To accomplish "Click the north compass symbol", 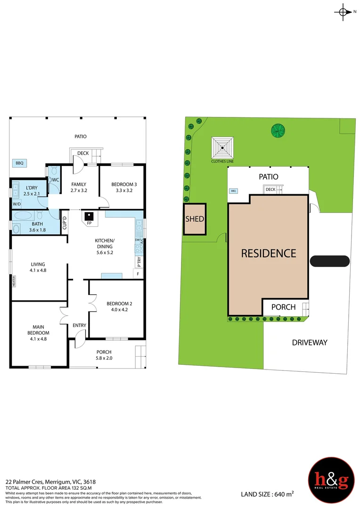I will point(344,12).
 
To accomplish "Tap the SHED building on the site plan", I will point(194,219).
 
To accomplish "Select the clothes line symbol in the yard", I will point(223,148).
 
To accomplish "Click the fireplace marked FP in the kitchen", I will point(89,217).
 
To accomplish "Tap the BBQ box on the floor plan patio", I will point(19,163).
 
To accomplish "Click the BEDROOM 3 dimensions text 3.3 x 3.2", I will point(122,191).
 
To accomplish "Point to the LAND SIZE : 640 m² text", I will point(267,493).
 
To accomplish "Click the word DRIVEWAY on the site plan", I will point(309,343).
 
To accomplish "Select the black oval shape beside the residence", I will point(330,261).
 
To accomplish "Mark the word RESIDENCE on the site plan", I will point(269,253).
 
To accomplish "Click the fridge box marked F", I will point(138,274).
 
